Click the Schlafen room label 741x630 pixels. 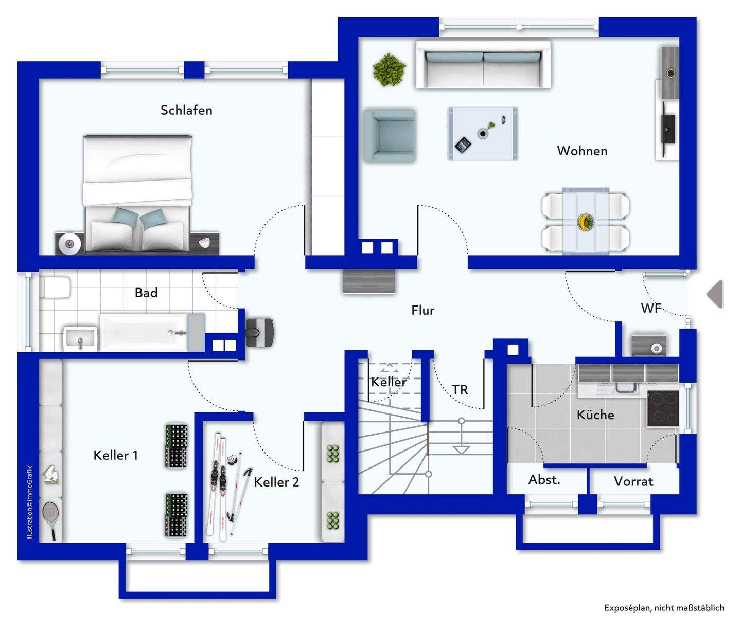pos(186,110)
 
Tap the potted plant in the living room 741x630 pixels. pos(389,69)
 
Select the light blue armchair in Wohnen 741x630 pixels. pos(390,135)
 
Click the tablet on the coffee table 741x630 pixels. pos(463,145)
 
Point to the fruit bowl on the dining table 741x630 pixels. pos(586,222)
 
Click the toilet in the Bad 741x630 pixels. pos(56,287)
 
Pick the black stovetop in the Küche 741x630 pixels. pos(663,408)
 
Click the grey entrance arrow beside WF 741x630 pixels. pos(715,294)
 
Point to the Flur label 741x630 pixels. pos(422,310)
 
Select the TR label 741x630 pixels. pos(460,390)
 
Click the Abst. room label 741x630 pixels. pos(544,480)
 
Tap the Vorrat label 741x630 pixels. pos(633,481)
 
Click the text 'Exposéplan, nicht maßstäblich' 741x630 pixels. pos(664,608)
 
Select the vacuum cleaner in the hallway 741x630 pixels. pos(260,331)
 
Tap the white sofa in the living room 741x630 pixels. pos(483,65)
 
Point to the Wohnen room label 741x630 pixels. pos(582,151)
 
